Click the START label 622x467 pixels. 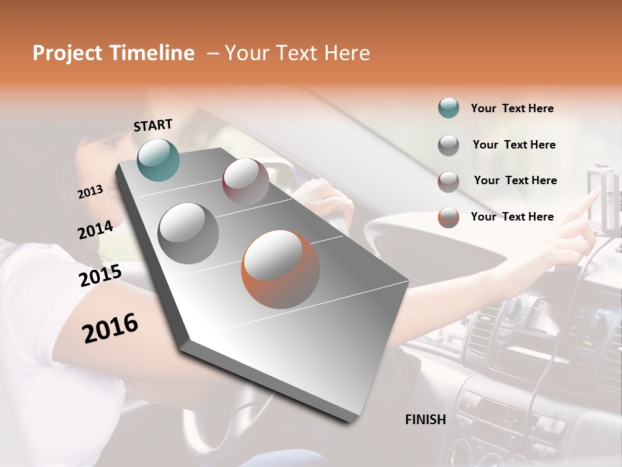tap(153, 125)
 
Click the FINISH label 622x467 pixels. tap(425, 420)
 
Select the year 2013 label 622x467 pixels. tap(90, 192)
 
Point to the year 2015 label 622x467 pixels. tap(100, 276)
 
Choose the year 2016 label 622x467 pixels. tap(109, 328)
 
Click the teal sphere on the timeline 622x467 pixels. tap(158, 160)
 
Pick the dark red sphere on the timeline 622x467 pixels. tap(246, 182)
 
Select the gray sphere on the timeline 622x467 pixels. tap(189, 233)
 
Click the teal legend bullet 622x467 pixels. tap(448, 108)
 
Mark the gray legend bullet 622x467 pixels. tap(448, 145)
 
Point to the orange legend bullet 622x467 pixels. tap(448, 217)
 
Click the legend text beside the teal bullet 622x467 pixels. tap(512, 109)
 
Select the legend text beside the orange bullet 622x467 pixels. tap(512, 217)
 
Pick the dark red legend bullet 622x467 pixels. tap(448, 182)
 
